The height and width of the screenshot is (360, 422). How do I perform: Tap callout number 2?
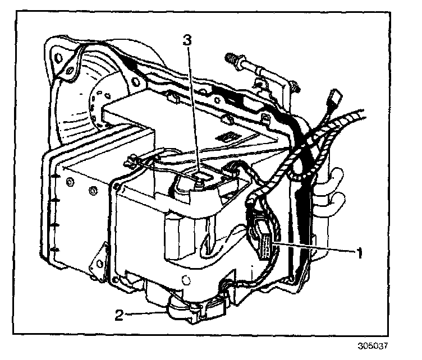point(119,315)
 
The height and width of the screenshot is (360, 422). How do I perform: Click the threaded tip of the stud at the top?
point(228,57)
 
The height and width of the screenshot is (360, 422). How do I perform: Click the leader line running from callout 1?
point(314,247)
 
